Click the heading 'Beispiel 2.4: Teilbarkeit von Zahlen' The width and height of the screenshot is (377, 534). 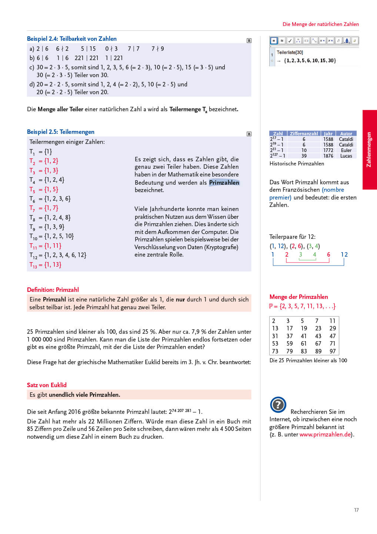coord(71,39)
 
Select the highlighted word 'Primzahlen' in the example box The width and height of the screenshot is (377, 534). coord(224,182)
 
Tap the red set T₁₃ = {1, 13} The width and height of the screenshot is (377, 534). coord(45,265)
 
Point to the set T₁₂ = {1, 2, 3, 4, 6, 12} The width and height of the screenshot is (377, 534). coord(58,255)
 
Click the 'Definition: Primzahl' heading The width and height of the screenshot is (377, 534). coord(53,290)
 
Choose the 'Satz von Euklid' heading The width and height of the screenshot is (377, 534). coord(47,385)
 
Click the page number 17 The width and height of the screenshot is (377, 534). coord(356,510)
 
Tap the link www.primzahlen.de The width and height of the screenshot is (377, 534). coord(325,434)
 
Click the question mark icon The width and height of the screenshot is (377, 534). coord(278,405)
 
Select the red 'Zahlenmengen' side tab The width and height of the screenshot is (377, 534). coord(369,149)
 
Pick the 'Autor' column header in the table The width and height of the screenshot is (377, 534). coord(346,133)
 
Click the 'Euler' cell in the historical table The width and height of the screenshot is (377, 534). coord(346,150)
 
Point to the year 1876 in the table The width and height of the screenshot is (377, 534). coord(328,156)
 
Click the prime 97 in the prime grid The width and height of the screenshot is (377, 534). coord(333,351)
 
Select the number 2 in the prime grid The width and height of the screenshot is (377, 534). coord(274,321)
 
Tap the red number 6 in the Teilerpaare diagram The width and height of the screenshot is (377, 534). coord(328,254)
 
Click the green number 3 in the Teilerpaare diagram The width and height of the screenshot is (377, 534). coord(300,254)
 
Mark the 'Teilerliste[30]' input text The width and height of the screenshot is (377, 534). coord(290,52)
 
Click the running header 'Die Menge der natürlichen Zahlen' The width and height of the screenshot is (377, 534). coord(321,24)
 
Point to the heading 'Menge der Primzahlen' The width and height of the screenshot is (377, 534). coord(298,297)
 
